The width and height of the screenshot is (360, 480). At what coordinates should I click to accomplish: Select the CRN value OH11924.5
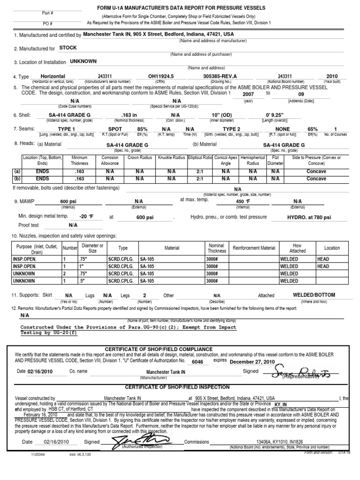pos(161,76)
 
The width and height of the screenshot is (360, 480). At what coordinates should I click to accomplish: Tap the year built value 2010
pos(331,76)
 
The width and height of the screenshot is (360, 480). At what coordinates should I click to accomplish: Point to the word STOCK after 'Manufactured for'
pos(68,48)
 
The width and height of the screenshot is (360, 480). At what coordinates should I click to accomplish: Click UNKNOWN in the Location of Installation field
pos(83,61)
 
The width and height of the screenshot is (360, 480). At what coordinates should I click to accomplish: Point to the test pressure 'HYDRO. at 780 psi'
pos(309,217)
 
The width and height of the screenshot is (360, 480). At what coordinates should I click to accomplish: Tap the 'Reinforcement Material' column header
pos(254,248)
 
